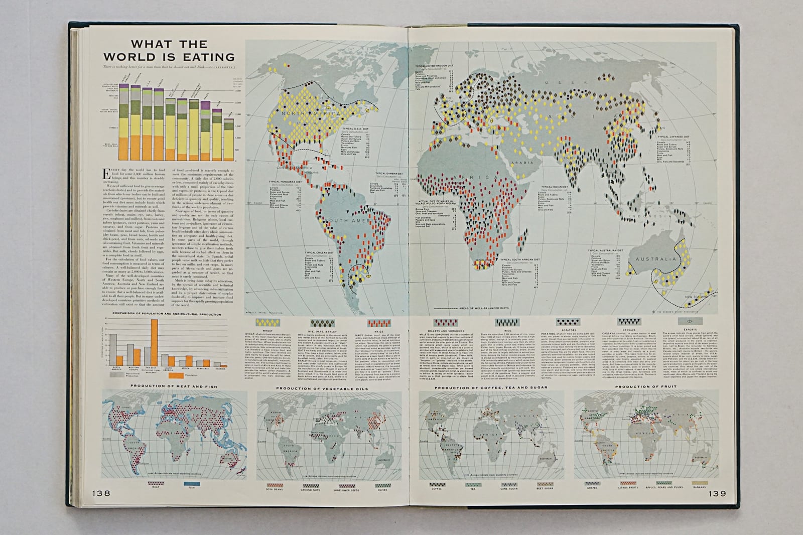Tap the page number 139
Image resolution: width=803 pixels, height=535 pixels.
pyautogui.click(x=717, y=493)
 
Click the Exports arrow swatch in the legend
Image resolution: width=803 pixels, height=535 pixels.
pyautogui.click(x=689, y=322)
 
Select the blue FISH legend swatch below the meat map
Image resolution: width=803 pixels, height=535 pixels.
pyautogui.click(x=192, y=483)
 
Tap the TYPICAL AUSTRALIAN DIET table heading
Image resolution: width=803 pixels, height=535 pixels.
pyautogui.click(x=609, y=250)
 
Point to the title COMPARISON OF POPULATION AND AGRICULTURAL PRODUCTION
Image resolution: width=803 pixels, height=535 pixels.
pyautogui.click(x=167, y=314)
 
